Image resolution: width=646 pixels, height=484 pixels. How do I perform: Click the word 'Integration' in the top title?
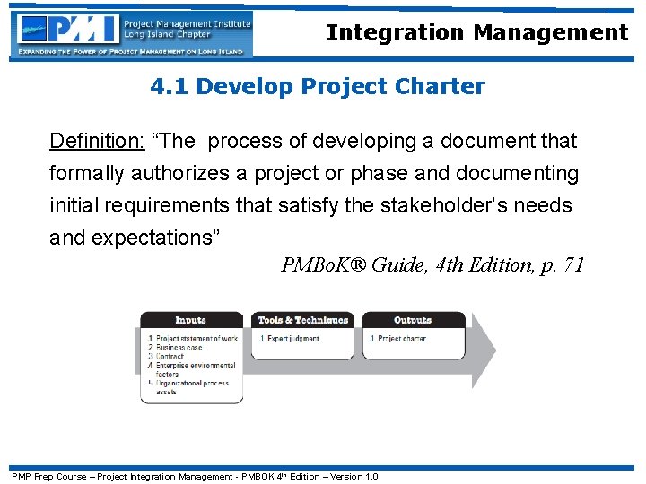(x=390, y=33)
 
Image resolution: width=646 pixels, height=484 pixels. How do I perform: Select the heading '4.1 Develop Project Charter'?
(x=318, y=87)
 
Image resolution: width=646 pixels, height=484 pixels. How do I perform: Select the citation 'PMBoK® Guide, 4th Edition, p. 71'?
(x=432, y=264)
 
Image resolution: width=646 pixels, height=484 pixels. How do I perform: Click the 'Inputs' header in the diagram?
(x=190, y=320)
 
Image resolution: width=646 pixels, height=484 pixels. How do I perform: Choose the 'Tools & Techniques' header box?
(x=302, y=320)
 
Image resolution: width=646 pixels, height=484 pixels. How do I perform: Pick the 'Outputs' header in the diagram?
(x=412, y=320)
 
